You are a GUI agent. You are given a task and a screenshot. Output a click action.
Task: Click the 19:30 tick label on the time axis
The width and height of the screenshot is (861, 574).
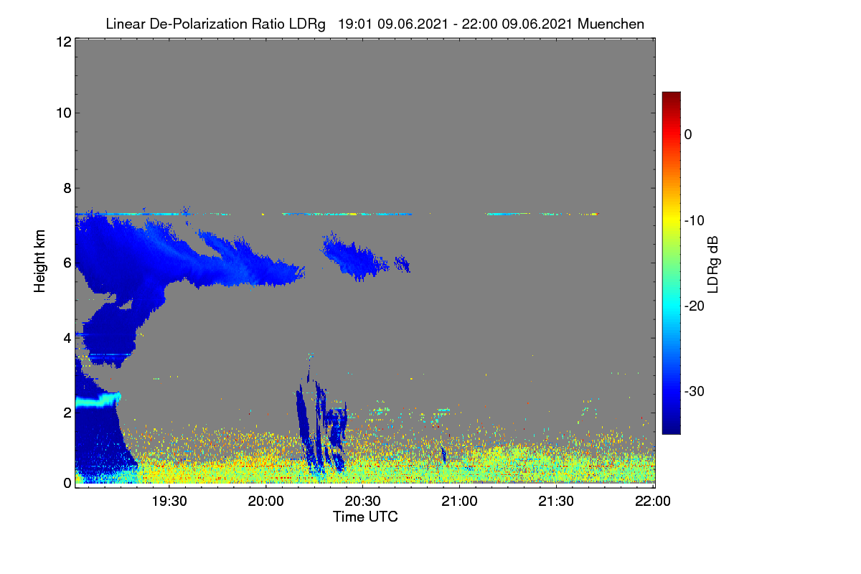tap(169, 502)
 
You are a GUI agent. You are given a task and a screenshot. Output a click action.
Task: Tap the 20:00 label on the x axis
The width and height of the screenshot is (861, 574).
tap(266, 502)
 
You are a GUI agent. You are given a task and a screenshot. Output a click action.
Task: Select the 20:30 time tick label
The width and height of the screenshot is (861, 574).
tap(362, 502)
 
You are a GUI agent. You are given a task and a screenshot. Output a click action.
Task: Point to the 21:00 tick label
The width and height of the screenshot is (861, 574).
tap(459, 502)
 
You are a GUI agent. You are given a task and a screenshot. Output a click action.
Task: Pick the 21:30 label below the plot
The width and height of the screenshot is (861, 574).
tap(556, 502)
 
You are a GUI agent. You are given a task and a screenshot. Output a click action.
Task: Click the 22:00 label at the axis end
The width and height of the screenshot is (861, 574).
tap(653, 502)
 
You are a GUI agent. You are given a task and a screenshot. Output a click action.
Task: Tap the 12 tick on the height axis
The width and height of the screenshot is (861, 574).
tap(64, 42)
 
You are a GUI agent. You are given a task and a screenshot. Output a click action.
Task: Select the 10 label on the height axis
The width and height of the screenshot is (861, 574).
tap(64, 113)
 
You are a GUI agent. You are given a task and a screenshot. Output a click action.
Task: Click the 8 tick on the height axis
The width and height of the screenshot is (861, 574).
tap(67, 188)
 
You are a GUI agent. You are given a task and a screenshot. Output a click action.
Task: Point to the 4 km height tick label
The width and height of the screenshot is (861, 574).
tap(67, 339)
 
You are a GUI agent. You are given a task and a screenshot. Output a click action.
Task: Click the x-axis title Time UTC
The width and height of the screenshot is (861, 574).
tap(365, 517)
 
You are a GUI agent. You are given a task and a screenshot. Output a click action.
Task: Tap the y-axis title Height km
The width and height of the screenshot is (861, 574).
tap(39, 261)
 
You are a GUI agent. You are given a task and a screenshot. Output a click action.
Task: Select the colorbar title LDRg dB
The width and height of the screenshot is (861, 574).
tap(712, 265)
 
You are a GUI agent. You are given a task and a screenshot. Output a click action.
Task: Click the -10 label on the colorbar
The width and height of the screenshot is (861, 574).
tap(695, 221)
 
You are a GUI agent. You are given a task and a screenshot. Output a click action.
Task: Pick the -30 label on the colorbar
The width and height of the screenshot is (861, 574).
tap(695, 391)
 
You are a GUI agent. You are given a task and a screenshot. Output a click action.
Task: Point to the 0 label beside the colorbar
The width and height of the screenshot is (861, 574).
tap(688, 135)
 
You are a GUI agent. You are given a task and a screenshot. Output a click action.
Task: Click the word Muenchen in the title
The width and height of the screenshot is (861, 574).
tap(611, 24)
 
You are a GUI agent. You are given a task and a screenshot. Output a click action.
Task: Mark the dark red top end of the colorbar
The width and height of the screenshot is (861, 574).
tap(671, 93)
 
